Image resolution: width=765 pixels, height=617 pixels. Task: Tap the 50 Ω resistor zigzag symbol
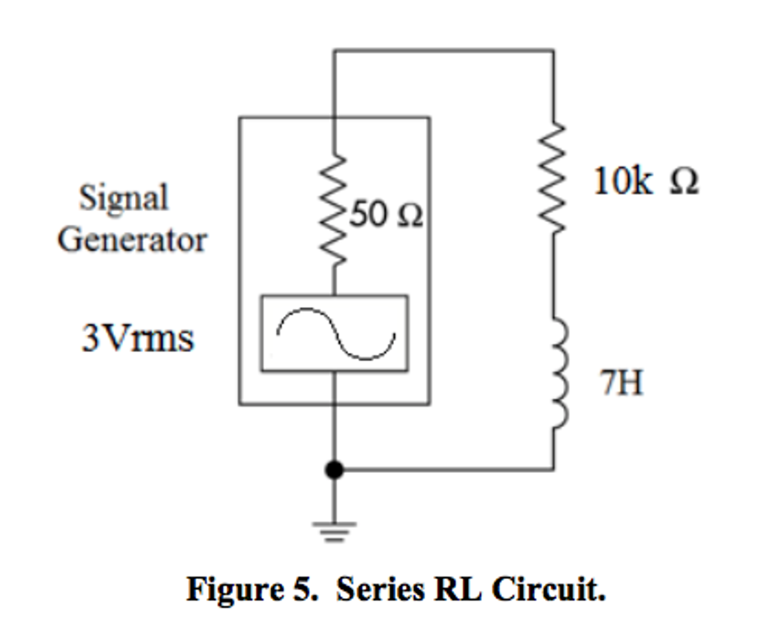(333, 209)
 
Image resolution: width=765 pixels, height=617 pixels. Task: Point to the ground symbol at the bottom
(334, 531)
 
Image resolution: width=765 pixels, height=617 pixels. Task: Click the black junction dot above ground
(334, 470)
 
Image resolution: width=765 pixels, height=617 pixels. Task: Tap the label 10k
(623, 181)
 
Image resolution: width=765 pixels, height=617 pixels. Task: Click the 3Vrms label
(138, 338)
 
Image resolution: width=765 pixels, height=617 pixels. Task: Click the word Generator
(132, 240)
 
